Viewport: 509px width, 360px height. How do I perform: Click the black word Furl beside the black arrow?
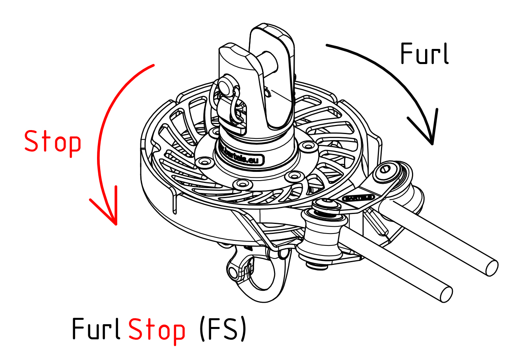coord(424,54)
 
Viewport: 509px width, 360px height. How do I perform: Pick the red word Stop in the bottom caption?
coord(157,330)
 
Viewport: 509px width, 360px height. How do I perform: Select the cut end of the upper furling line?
coord(492,267)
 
